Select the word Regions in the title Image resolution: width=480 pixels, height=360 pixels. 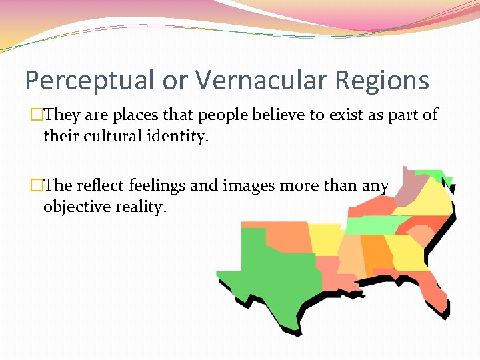coord(382,81)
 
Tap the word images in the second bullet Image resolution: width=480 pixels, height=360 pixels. coord(247,185)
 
